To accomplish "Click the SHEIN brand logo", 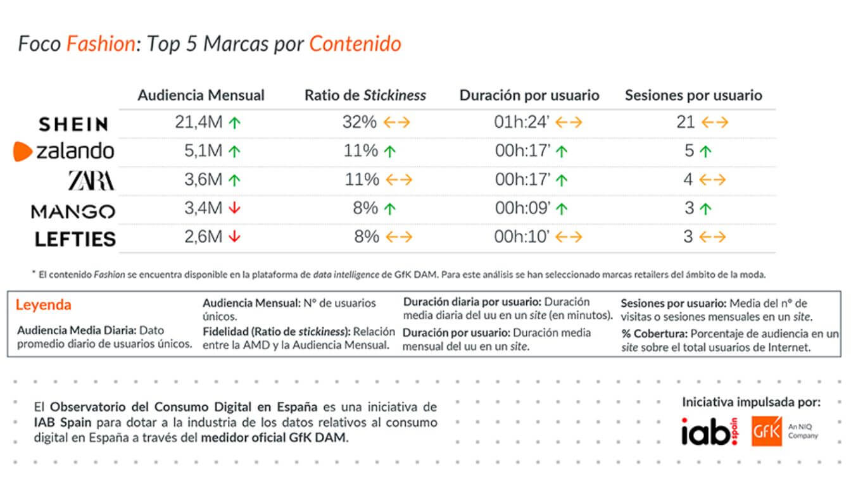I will [73, 124].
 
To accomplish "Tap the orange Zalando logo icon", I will [23, 151].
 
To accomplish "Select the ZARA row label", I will [92, 181].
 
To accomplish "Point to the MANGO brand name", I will [73, 211].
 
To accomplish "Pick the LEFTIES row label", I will [75, 239].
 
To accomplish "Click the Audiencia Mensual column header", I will [201, 96].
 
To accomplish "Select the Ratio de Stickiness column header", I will [365, 96].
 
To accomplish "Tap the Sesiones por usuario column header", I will [693, 96].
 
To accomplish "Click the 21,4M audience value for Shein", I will [198, 123].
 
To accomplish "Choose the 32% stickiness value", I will [359, 123].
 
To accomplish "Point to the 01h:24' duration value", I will [522, 123].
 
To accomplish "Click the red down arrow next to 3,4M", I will [235, 208].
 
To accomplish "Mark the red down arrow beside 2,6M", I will [235, 237].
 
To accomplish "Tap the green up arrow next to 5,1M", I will [235, 151].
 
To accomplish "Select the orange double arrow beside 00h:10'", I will [569, 237].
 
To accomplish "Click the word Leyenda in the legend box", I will [43, 305].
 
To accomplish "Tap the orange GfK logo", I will [767, 431].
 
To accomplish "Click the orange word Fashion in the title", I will [101, 44].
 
